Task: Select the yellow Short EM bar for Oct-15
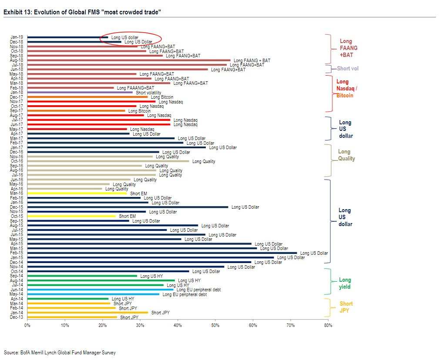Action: (72, 216)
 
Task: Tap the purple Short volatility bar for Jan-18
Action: (80, 92)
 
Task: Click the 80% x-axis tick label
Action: (328, 325)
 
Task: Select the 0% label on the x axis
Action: (27, 325)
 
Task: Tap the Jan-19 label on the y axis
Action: (17, 37)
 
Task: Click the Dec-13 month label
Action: (17, 317)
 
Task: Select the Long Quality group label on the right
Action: (346, 155)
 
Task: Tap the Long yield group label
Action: (345, 283)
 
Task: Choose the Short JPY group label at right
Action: (346, 307)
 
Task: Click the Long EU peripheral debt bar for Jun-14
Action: (100, 290)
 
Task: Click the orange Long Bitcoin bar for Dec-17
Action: (87, 97)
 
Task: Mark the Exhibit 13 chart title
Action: (82, 12)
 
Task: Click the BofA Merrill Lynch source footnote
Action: (60, 353)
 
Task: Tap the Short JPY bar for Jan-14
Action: (87, 312)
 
